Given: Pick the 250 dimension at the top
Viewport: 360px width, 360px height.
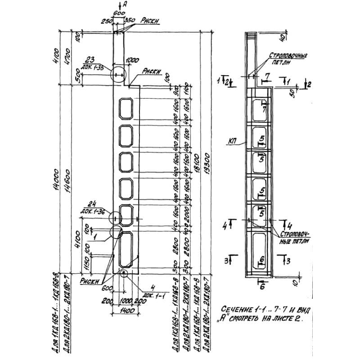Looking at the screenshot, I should point(107,21).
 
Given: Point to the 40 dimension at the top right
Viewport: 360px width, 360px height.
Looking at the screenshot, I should point(282,36).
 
